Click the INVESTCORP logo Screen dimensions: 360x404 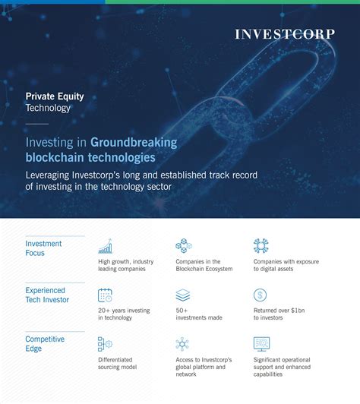click(285, 34)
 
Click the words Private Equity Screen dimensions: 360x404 click(55, 96)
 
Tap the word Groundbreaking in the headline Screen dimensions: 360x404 click(134, 142)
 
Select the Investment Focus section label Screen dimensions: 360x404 click(43, 248)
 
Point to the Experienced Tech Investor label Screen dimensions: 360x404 click(47, 295)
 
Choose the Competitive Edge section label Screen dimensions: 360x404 click(45, 344)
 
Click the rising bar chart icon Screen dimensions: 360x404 click(105, 246)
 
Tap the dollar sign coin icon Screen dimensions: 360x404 click(260, 295)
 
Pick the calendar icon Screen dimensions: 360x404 click(105, 295)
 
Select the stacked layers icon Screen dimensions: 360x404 click(183, 295)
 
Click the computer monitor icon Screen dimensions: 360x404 click(261, 344)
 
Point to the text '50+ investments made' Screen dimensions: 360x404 click(199, 314)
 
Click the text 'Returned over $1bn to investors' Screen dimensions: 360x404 click(279, 314)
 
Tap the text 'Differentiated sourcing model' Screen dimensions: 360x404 click(118, 363)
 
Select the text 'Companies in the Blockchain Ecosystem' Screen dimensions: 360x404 click(204, 265)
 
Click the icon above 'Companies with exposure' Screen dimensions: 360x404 click(261, 245)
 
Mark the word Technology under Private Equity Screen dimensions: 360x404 click(48, 108)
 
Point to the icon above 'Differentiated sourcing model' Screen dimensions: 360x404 click(105, 344)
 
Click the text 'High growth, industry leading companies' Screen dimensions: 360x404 click(126, 265)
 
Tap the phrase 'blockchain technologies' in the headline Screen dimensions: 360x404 click(90, 157)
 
